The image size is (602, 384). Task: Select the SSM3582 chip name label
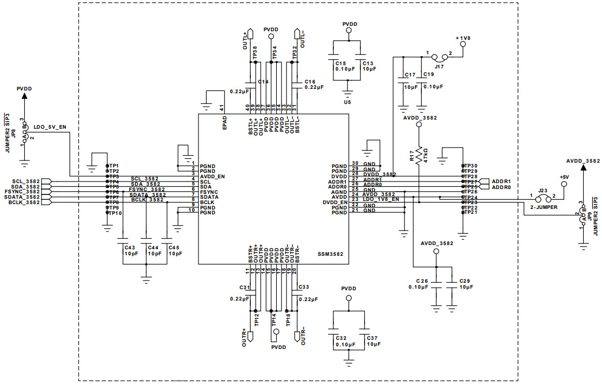[331, 254]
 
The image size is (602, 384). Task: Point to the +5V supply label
[564, 177]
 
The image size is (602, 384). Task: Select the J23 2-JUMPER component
[543, 198]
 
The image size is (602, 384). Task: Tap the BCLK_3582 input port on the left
[25, 203]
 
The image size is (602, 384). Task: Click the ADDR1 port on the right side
[501, 181]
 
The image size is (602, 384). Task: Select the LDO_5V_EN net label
[50, 128]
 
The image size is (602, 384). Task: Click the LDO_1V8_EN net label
[381, 199]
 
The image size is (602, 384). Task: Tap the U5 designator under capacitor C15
[347, 101]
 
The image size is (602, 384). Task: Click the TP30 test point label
[471, 165]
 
